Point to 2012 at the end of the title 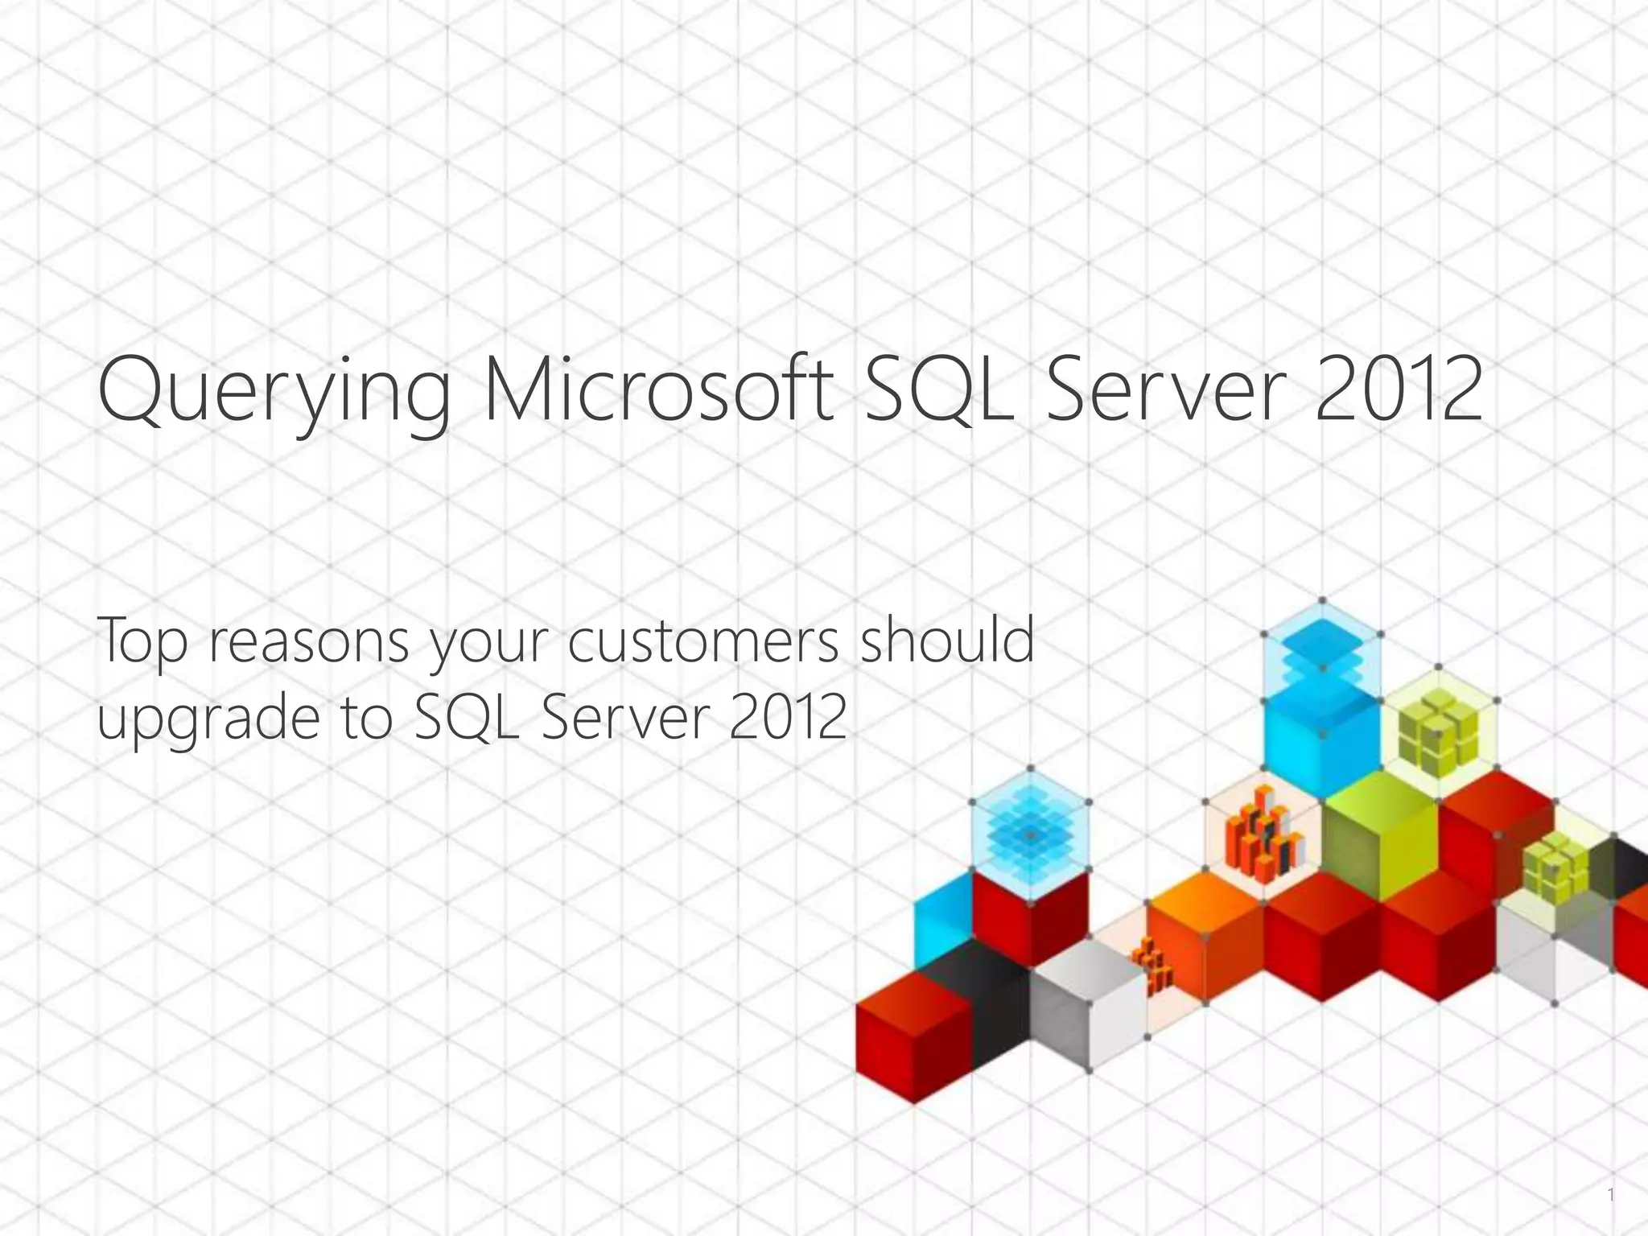pos(1399,391)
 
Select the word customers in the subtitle pos(703,642)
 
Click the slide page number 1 pos(1610,1196)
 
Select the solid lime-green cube pos(1380,837)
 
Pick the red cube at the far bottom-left pos(913,1038)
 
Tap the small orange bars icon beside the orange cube pos(1152,966)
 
